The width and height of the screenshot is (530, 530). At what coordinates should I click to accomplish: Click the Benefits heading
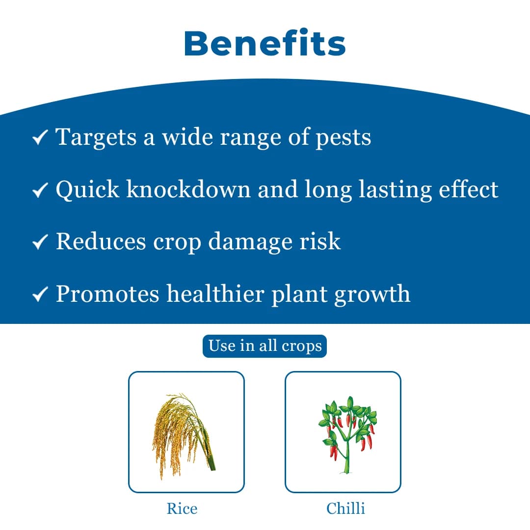point(265,43)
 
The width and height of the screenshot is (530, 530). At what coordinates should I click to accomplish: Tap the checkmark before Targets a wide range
point(40,138)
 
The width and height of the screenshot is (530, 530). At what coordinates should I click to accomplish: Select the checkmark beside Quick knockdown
point(40,190)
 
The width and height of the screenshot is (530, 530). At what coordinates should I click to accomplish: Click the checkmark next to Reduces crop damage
point(40,242)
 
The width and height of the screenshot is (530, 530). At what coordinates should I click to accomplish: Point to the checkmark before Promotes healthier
point(40,294)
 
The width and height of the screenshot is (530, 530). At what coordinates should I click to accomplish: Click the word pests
point(343,138)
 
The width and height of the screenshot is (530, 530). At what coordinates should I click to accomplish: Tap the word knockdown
point(188,189)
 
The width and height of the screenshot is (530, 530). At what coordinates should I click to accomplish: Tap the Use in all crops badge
point(265,346)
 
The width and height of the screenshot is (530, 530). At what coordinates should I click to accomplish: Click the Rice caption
point(182,508)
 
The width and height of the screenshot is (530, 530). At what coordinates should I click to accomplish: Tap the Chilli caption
point(345,508)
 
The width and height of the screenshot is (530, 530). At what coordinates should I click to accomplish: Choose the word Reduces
point(101,242)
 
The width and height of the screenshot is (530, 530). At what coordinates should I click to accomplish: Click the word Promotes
point(107,294)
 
